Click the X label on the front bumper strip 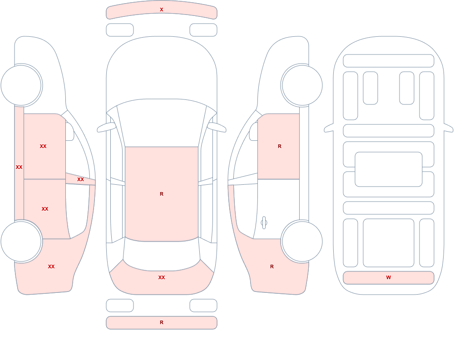[x=162, y=10]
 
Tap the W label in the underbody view [x=389, y=277]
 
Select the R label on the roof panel [x=162, y=194]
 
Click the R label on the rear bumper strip [x=162, y=322]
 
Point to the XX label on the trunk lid [x=162, y=277]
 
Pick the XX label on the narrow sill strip [x=19, y=167]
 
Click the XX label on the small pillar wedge [x=80, y=180]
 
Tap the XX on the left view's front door [x=43, y=146]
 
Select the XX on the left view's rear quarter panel [x=51, y=266]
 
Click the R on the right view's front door [x=279, y=146]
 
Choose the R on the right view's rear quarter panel [x=272, y=266]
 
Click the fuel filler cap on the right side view [x=264, y=223]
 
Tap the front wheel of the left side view [x=21, y=85]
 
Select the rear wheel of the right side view [x=302, y=241]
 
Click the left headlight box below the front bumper [x=120, y=30]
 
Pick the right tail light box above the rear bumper [x=203, y=306]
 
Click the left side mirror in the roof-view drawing [x=106, y=128]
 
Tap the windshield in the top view [x=162, y=123]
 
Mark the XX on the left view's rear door [x=45, y=209]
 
